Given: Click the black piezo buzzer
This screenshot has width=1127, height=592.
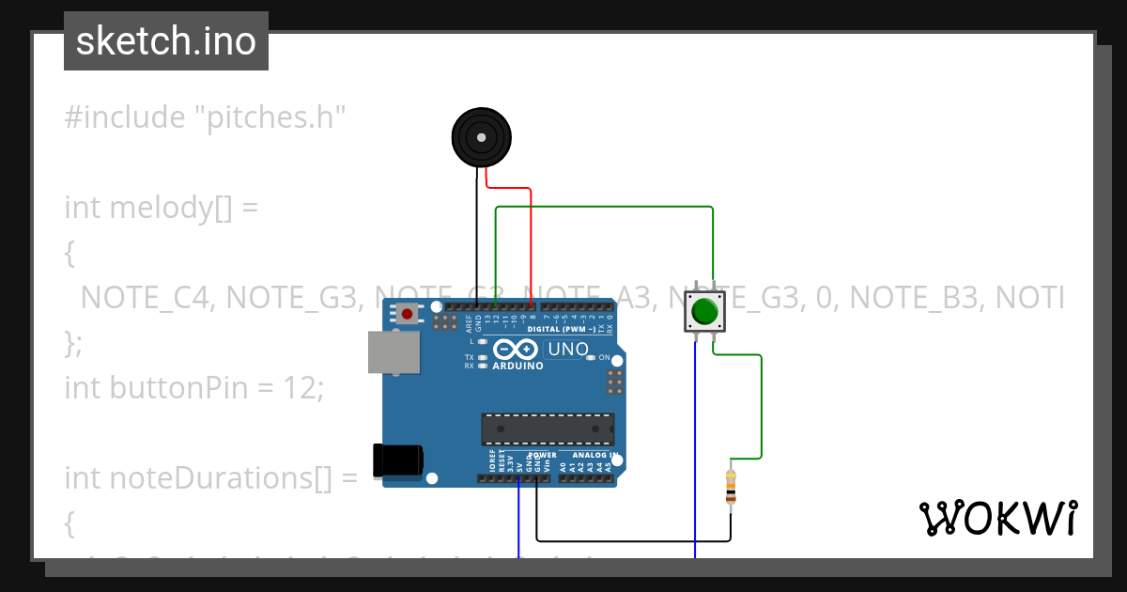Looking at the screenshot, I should coord(482,138).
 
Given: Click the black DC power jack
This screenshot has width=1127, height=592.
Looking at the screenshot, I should coord(396,460).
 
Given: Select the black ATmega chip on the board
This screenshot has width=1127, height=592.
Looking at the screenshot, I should coord(548,428).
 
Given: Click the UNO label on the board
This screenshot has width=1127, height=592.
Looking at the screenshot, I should coord(567,350).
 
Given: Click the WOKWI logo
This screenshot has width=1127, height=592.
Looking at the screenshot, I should coord(997,518).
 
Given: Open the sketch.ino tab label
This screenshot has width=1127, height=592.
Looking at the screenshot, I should coord(166,41).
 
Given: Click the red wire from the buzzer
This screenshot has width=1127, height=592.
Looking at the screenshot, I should coord(532,244).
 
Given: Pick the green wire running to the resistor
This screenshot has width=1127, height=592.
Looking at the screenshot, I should coord(761,404).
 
